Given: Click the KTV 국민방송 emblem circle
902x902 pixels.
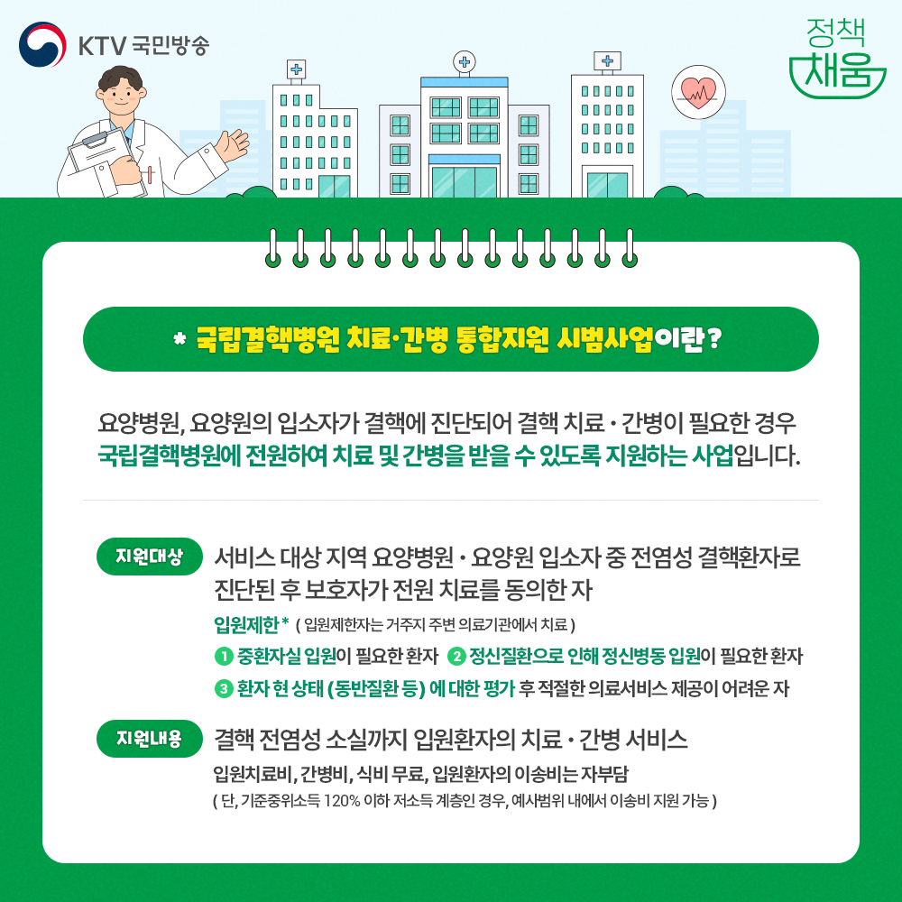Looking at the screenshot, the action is (x=42, y=44).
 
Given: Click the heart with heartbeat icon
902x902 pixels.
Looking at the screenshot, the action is (x=698, y=92).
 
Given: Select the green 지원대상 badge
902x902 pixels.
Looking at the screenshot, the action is (x=150, y=557).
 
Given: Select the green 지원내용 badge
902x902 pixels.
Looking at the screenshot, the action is (x=150, y=739).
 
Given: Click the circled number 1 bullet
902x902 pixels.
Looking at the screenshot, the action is (x=223, y=656).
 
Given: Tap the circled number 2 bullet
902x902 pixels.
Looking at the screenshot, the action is (x=456, y=656).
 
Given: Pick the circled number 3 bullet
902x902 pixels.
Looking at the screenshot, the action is (x=223, y=688).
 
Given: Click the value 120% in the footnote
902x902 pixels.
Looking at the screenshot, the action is (x=342, y=801).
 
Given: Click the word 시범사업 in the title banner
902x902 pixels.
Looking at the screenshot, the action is (x=604, y=339).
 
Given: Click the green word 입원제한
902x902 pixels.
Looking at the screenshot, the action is (x=246, y=624).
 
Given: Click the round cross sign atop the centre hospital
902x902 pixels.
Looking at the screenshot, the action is (x=465, y=61).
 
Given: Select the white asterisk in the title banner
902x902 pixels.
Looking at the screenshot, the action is (x=180, y=339).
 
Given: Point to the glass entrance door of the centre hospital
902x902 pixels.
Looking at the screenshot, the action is (x=465, y=181).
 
